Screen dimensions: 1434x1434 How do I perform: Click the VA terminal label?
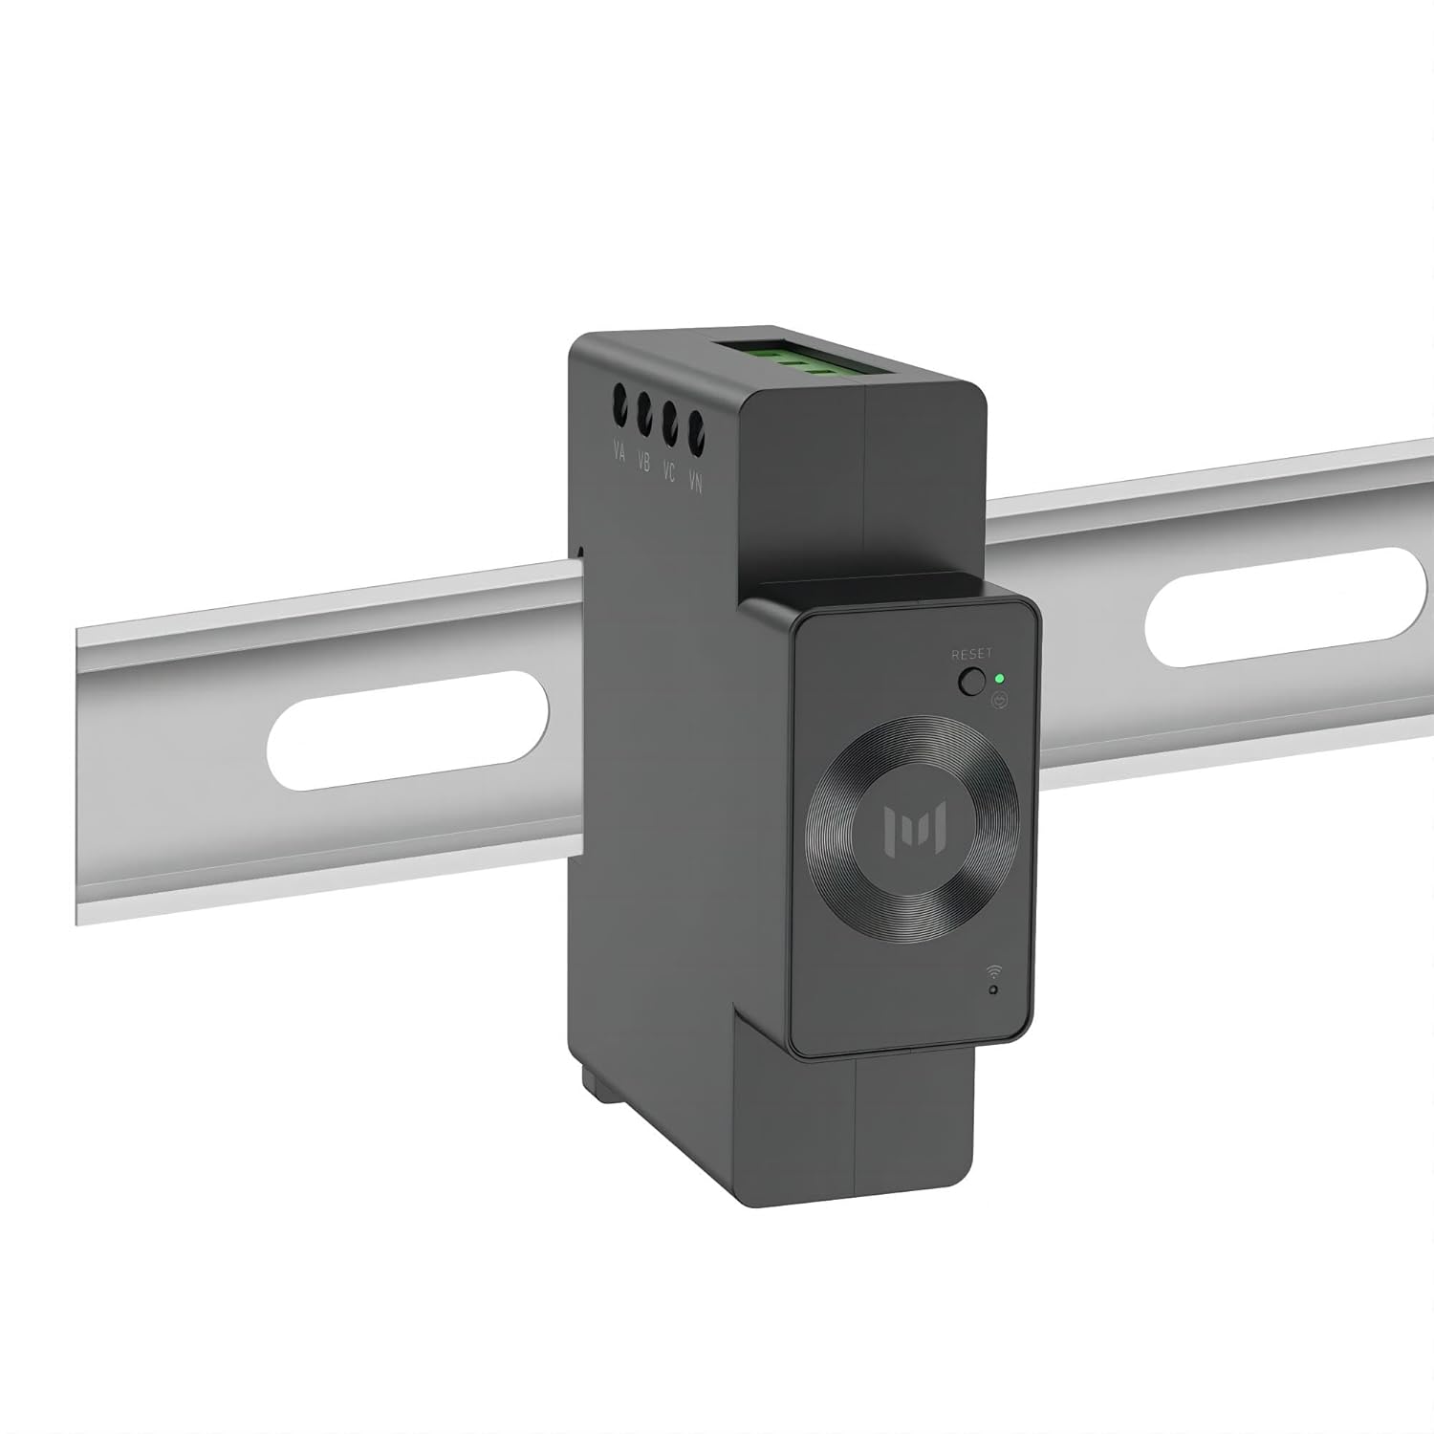click(x=619, y=451)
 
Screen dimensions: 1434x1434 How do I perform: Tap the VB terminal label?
click(x=643, y=463)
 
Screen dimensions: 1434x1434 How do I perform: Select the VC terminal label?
click(x=669, y=472)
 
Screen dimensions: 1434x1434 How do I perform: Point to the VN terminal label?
click(x=696, y=484)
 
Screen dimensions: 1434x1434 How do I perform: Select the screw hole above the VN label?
click(x=697, y=432)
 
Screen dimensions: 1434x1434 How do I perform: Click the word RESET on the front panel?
click(x=971, y=654)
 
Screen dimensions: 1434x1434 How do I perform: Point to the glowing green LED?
click(x=999, y=679)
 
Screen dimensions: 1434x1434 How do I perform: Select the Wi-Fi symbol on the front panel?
click(x=994, y=971)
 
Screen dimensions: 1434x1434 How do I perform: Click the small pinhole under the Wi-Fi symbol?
click(x=994, y=990)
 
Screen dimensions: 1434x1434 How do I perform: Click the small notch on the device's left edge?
click(x=580, y=553)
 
